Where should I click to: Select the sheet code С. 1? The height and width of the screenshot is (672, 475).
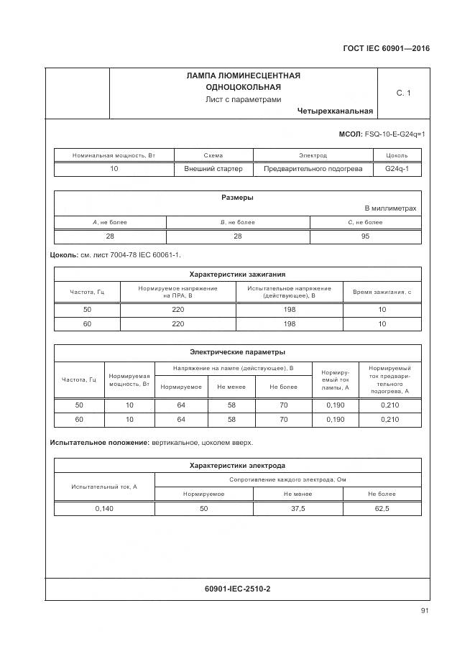pos(403,93)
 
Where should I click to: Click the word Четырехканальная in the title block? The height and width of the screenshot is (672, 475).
pos(334,111)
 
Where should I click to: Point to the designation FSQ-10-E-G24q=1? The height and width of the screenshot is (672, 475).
pos(395,134)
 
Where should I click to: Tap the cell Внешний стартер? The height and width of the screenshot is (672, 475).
pos(213,169)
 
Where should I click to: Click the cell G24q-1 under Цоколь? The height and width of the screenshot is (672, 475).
pos(397,169)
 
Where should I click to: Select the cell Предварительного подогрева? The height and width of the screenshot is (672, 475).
pos(313,169)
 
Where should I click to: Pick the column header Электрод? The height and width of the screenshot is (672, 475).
pos(313,155)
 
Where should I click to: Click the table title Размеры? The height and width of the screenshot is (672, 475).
pos(237,198)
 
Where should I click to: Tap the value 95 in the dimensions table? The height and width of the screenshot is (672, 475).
pos(365,236)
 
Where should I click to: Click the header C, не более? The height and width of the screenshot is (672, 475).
pos(365,222)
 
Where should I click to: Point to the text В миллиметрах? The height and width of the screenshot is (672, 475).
pos(390,208)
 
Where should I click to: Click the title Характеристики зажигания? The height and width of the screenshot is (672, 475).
pos(237,274)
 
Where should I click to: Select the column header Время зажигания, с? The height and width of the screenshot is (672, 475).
pos(382,291)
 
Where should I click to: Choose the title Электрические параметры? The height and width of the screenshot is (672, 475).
pos(237,352)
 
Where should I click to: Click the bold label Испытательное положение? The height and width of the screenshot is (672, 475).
pos(99,443)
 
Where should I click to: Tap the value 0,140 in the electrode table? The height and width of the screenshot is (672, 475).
pos(104,508)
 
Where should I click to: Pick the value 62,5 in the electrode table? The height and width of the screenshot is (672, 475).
pos(382,508)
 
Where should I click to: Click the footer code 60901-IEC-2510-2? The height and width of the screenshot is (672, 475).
pos(237,589)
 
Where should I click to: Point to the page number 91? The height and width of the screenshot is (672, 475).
pos(425,612)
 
